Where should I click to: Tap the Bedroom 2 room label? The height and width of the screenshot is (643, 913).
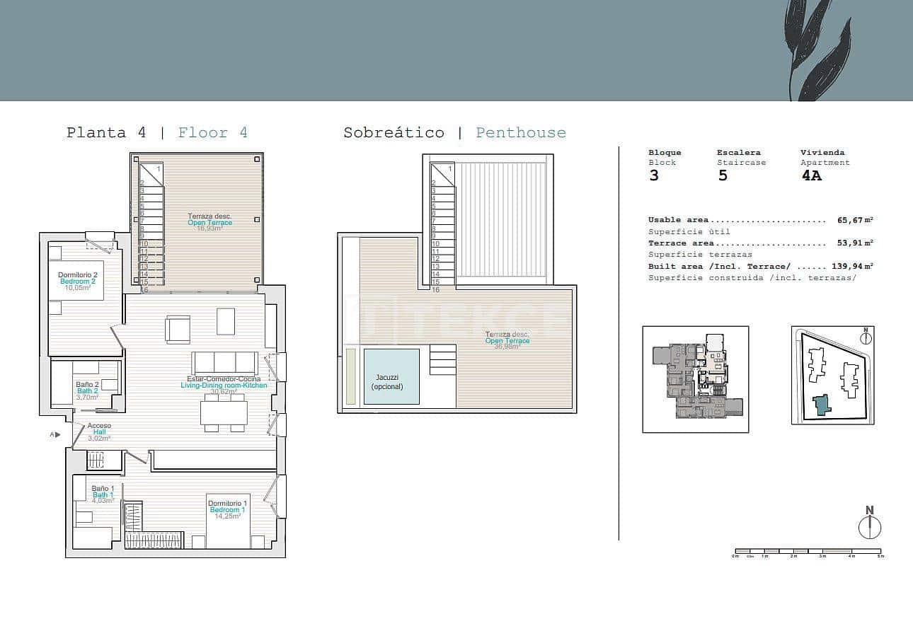click(x=77, y=281)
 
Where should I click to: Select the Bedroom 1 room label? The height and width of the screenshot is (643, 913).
click(x=227, y=509)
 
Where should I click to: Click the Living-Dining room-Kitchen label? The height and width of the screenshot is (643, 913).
click(x=224, y=385)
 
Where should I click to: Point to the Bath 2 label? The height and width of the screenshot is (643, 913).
click(x=87, y=391)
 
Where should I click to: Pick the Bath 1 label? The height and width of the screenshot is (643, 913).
click(x=103, y=494)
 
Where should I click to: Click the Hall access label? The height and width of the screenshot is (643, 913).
click(x=99, y=432)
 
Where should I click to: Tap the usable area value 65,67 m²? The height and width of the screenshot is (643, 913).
click(x=855, y=221)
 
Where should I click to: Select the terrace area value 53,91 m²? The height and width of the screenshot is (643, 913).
click(x=855, y=243)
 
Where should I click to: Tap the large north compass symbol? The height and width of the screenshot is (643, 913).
click(x=870, y=527)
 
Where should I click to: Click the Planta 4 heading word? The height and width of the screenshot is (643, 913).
click(x=96, y=133)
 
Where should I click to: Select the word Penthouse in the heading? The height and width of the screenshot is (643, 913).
click(x=521, y=133)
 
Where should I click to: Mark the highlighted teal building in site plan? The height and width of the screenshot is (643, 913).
click(x=821, y=405)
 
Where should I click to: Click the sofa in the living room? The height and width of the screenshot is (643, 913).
click(x=224, y=363)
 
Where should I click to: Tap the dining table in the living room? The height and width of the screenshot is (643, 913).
click(x=224, y=412)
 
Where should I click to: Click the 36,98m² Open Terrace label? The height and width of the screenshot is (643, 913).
click(x=507, y=341)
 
